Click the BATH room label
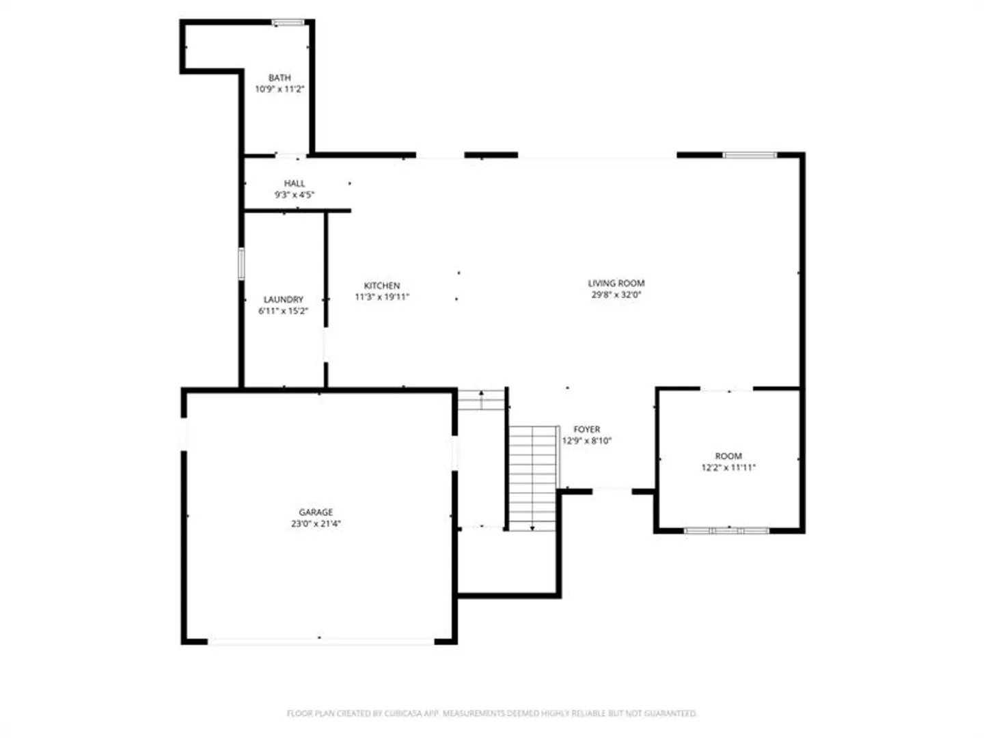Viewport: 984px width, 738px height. (279, 77)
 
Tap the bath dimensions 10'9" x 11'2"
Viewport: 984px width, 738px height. (279, 89)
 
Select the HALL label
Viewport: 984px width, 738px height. (294, 183)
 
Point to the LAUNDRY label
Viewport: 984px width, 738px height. (283, 299)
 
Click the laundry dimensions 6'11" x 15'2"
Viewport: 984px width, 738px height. (283, 311)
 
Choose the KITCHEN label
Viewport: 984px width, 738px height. (381, 286)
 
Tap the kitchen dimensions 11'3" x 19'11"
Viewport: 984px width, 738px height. (382, 297)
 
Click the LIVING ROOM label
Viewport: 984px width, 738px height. (616, 283)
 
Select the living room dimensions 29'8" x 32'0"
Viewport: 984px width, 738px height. (616, 295)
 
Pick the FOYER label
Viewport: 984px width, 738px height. (586, 429)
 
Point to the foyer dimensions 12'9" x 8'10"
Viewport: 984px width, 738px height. (586, 441)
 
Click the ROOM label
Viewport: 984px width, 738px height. (728, 456)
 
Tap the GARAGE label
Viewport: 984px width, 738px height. (316, 512)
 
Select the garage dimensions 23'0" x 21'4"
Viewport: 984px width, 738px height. (316, 524)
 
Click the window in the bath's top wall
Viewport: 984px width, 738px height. (288, 23)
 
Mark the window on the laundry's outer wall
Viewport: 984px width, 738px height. (241, 264)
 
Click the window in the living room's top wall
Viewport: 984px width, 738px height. (750, 155)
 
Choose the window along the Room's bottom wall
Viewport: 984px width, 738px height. (726, 531)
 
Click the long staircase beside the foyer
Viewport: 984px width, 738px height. (532, 478)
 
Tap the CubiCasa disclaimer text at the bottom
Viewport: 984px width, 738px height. (491, 713)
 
